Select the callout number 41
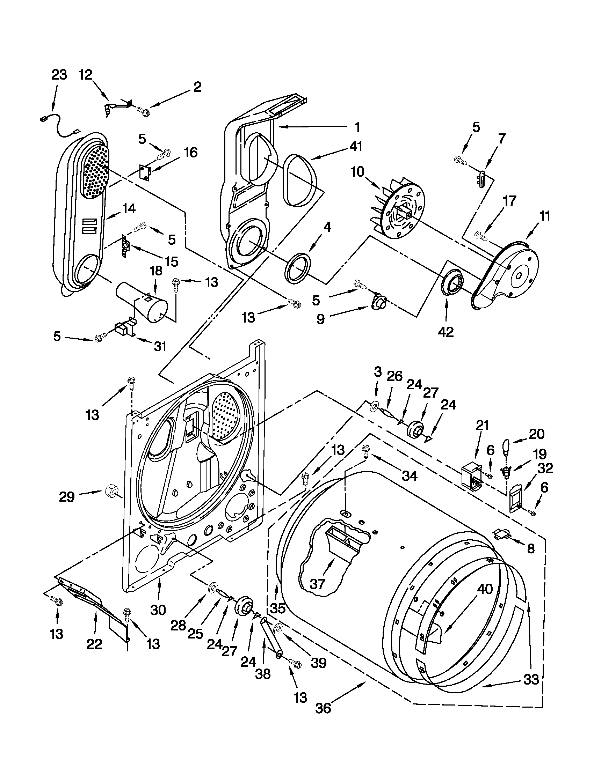[x=356, y=146]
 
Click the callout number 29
[x=67, y=497]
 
